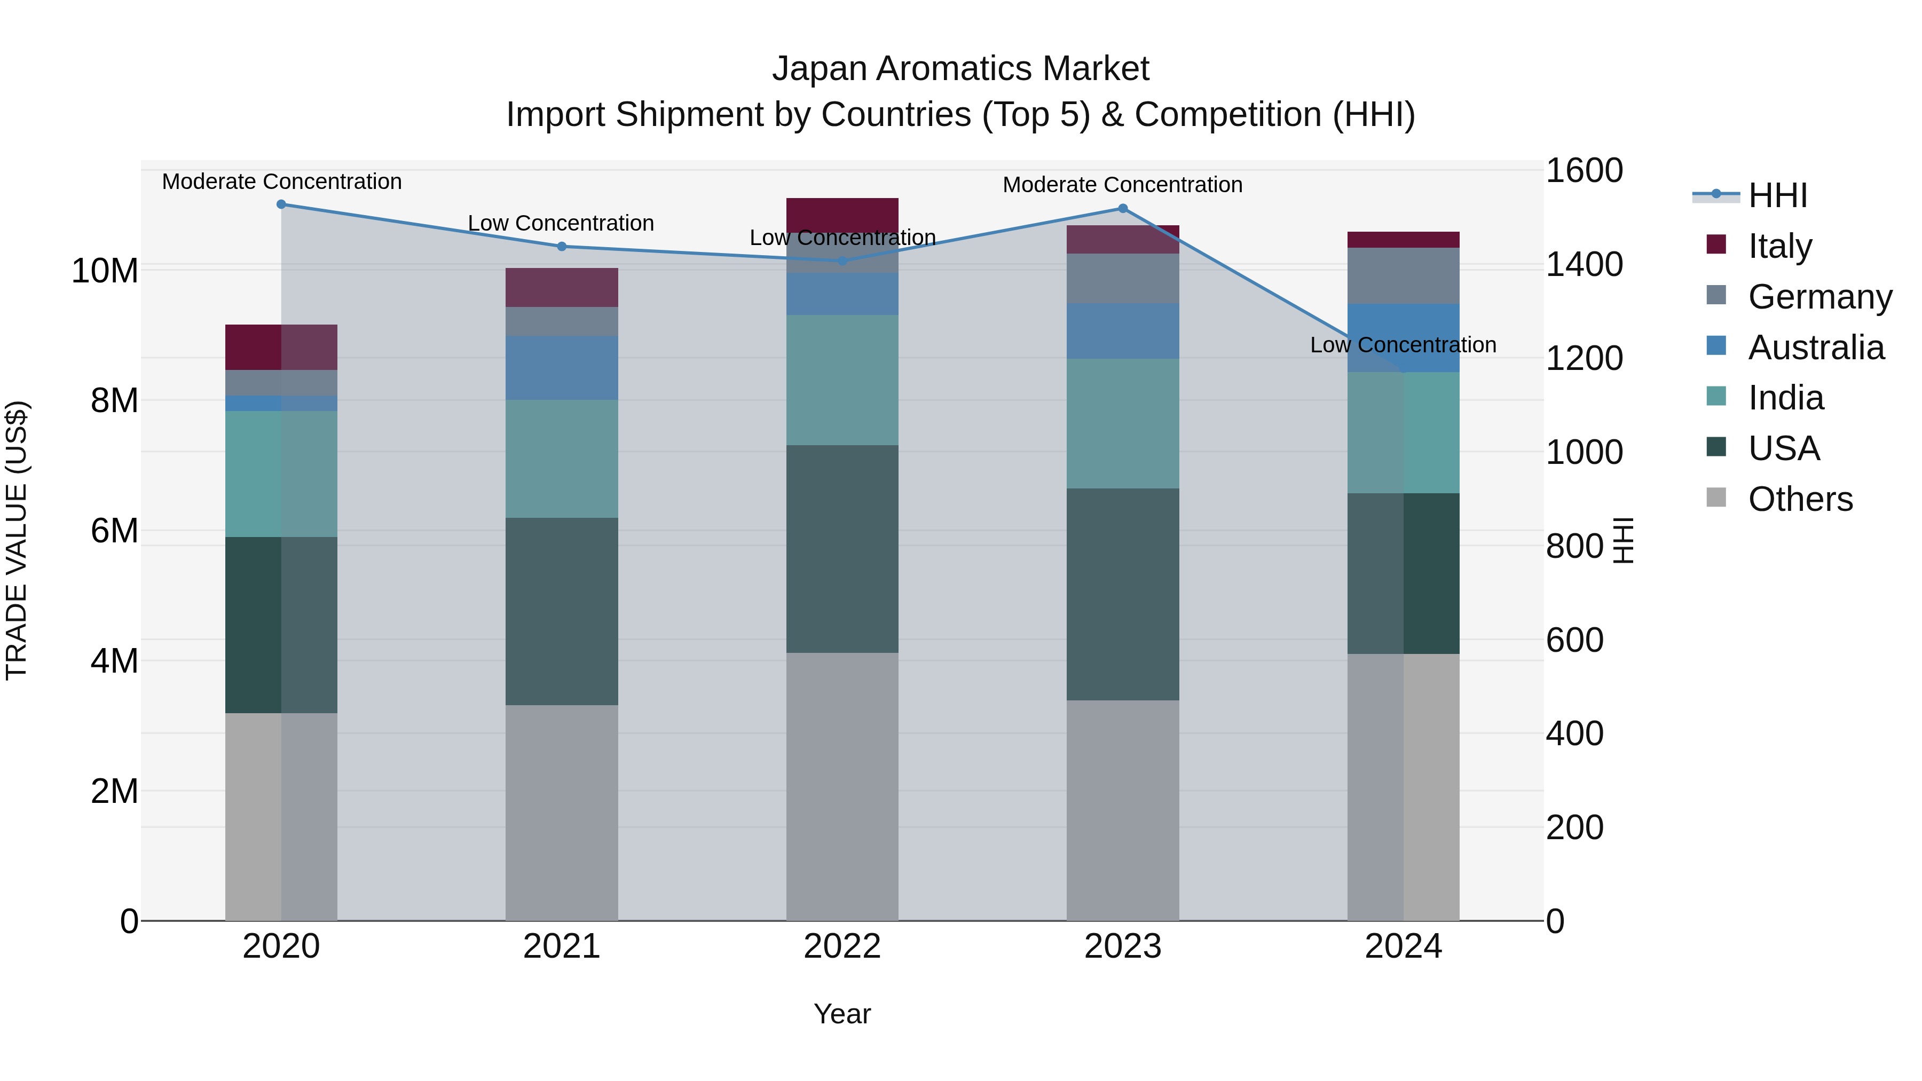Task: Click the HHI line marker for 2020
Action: click(281, 204)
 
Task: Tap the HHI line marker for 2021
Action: click(562, 246)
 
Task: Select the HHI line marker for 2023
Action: click(1123, 209)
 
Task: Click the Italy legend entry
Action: click(1779, 246)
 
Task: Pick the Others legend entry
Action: click(1800, 499)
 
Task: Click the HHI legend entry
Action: click(1777, 195)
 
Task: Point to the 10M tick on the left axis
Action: click(105, 270)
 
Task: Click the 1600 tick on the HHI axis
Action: click(1584, 170)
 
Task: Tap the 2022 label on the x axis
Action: click(842, 946)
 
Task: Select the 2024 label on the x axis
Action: click(1404, 946)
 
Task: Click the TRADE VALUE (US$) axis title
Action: click(17, 540)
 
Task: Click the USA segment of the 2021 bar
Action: click(562, 611)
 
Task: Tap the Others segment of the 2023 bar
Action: click(1123, 809)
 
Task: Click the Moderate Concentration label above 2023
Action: click(1122, 185)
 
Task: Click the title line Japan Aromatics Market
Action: click(960, 69)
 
